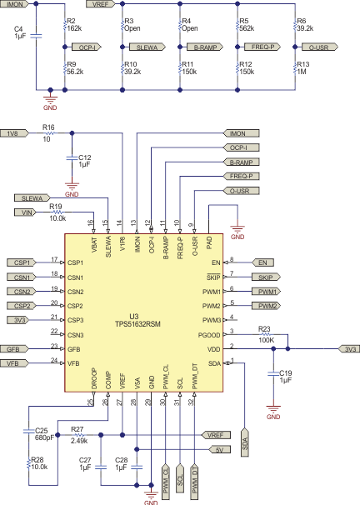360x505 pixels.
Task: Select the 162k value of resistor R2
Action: (73, 27)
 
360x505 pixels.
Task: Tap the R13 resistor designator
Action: (302, 64)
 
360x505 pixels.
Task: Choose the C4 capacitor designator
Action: (19, 29)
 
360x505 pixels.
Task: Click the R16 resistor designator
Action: (48, 127)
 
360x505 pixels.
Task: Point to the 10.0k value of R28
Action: (38, 467)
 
